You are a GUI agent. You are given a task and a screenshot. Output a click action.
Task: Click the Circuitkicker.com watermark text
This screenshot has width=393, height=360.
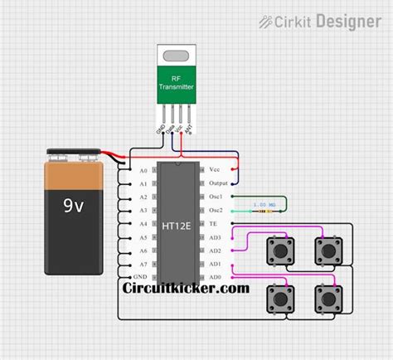[186, 288]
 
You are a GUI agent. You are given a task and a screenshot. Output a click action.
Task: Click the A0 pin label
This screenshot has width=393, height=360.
[143, 170]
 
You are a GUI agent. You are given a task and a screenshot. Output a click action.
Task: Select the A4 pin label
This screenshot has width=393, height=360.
[143, 224]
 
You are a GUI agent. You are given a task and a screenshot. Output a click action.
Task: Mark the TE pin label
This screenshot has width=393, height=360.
[214, 224]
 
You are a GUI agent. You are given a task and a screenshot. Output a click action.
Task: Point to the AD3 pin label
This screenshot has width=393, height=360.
[216, 237]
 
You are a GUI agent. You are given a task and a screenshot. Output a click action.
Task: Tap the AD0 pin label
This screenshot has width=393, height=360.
[216, 277]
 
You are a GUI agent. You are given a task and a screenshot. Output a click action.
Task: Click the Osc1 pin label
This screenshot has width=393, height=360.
[216, 197]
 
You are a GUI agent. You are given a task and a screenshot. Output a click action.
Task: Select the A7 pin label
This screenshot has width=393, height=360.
[143, 264]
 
